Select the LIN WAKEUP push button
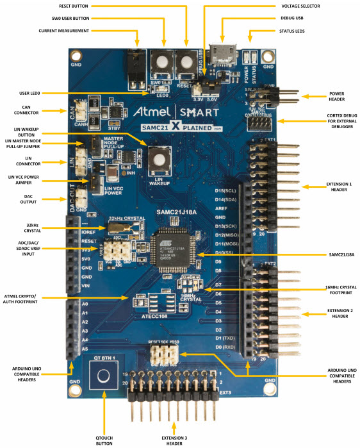coord(159,156)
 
